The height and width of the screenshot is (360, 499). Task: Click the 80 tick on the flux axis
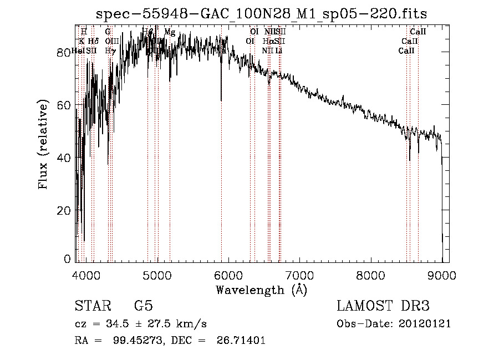pos(63,52)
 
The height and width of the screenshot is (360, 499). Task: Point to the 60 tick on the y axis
pos(63,105)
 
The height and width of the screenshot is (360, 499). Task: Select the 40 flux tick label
pos(63,158)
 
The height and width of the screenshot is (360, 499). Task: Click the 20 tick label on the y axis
pos(63,210)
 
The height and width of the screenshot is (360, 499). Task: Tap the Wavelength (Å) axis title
pos(261,290)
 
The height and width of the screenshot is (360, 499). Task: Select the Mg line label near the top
pos(170,32)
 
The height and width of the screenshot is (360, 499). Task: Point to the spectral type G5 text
pos(143,306)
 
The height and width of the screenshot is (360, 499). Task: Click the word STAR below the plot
pos(92,306)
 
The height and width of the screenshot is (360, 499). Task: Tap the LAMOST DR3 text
pos(383,306)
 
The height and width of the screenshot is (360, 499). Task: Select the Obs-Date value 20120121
pos(425,324)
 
